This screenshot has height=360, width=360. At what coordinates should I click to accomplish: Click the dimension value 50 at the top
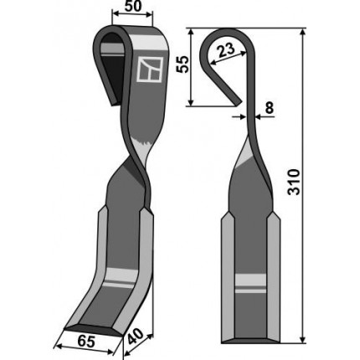[x=133, y=7]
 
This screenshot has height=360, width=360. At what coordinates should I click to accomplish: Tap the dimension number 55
[x=183, y=64]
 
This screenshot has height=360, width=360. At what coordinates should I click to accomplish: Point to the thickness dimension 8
[x=269, y=108]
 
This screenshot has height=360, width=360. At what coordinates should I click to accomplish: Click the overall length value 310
[x=294, y=182]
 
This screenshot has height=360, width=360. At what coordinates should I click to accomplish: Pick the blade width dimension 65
[x=85, y=342]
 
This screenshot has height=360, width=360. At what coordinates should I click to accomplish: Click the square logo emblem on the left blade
[x=150, y=69]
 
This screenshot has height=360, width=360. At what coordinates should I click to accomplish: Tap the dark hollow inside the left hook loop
[x=113, y=67]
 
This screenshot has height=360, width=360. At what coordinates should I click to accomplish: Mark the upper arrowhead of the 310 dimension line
[x=302, y=32]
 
